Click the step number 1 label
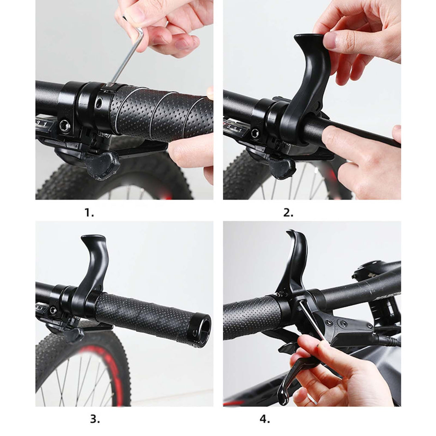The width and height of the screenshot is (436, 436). [x=89, y=213]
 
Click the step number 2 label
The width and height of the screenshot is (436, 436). [x=288, y=213]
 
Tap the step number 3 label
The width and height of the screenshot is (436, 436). [x=95, y=419]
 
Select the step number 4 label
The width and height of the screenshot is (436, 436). [x=265, y=419]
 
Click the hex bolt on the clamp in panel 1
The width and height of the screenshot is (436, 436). [x=65, y=126]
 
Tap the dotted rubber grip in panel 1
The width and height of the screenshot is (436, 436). [x=161, y=112]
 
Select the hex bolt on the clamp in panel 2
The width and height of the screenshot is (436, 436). [x=255, y=133]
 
